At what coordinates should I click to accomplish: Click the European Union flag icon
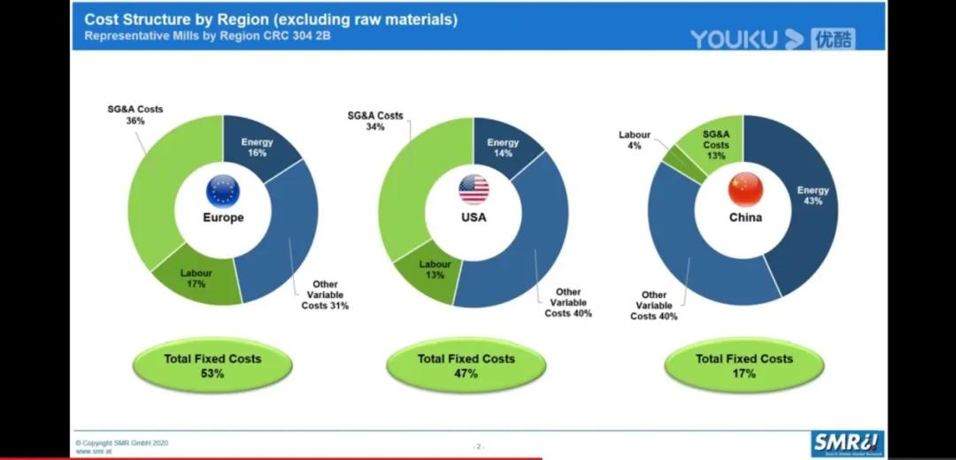[222, 190]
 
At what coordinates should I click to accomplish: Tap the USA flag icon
[474, 189]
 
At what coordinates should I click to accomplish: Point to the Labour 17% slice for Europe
[197, 278]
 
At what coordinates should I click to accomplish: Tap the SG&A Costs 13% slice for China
[716, 144]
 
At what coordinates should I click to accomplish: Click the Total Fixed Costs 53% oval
[212, 366]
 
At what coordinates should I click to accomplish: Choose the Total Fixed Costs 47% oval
[466, 366]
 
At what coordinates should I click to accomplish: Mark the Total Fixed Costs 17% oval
[744, 366]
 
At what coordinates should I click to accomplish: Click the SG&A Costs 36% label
[135, 115]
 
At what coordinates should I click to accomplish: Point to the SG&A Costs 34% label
[374, 121]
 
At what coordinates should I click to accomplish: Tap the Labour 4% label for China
[634, 140]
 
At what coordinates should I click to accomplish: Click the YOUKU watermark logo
[772, 39]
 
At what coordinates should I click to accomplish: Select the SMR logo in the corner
[849, 442]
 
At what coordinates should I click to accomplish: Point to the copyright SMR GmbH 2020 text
[122, 442]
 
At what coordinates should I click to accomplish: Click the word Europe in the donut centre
[223, 218]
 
